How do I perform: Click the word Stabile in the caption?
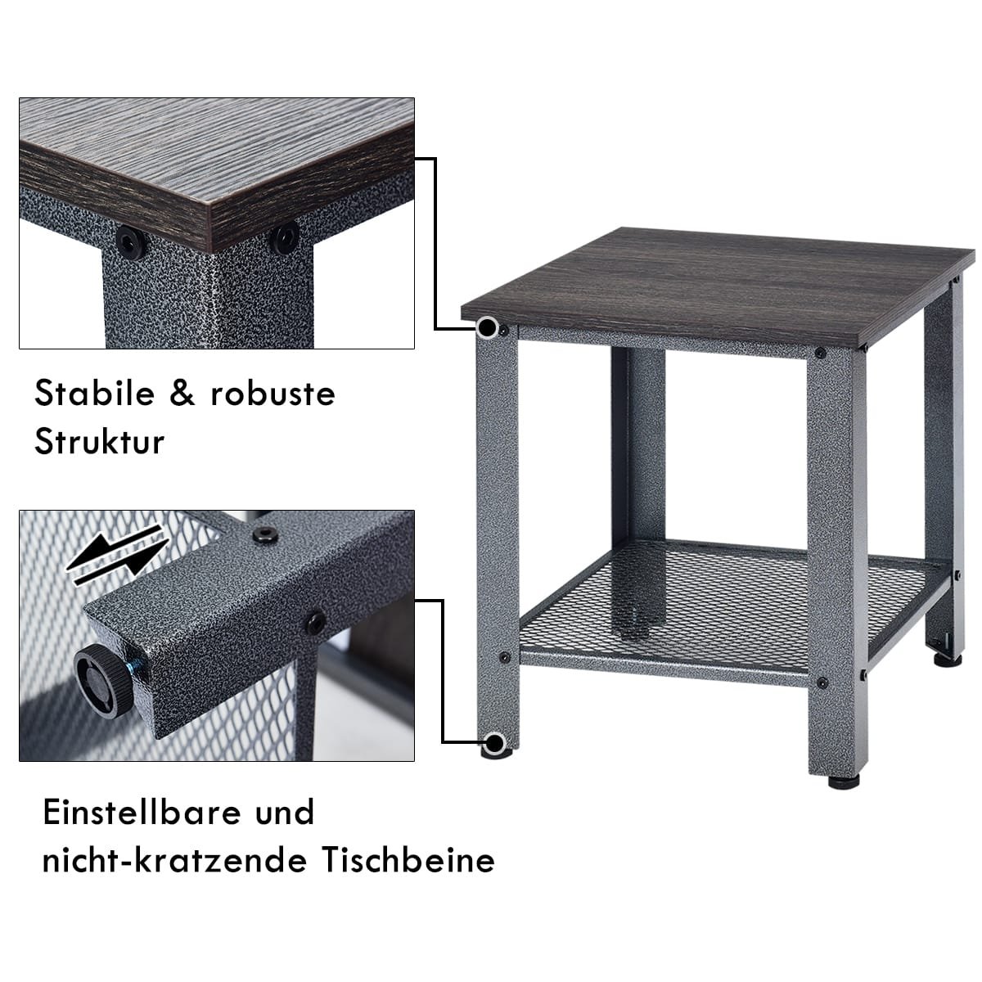click(x=94, y=394)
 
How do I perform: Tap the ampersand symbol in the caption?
click(x=182, y=394)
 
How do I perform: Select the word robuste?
click(x=273, y=394)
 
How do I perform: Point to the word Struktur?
click(x=99, y=441)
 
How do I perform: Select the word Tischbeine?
click(x=408, y=861)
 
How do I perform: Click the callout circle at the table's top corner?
click(x=488, y=327)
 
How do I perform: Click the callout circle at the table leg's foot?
click(x=493, y=742)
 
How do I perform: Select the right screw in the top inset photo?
click(x=284, y=237)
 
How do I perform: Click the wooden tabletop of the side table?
click(x=717, y=286)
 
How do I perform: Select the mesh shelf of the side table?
click(x=735, y=606)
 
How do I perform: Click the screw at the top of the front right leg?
click(x=821, y=353)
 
